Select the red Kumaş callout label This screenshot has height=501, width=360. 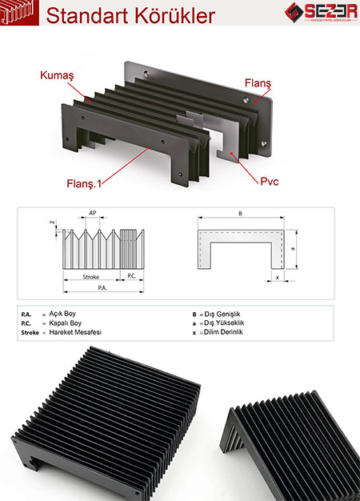pyautogui.click(x=57, y=75)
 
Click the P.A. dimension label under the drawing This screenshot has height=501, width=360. pyautogui.click(x=102, y=287)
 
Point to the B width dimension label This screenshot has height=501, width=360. pyautogui.click(x=240, y=215)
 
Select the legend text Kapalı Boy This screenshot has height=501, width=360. pyautogui.click(x=69, y=323)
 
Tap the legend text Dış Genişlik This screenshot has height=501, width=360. pyautogui.click(x=229, y=314)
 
